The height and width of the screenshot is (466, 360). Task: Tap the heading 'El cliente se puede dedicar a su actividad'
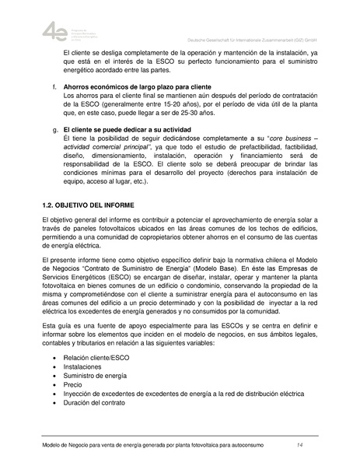131,129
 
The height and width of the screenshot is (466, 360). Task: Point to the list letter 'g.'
52,129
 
